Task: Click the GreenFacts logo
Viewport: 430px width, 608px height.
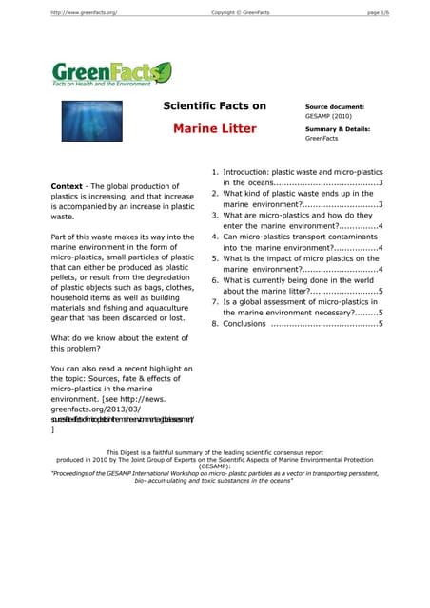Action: [x=112, y=72]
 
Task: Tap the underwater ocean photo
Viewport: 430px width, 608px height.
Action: [x=98, y=117]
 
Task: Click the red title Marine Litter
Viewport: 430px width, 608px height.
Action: [x=215, y=128]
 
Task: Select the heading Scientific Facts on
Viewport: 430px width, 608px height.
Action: [x=215, y=106]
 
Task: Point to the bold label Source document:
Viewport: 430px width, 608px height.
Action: [x=335, y=107]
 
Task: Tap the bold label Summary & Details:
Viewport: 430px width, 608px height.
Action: [x=338, y=128]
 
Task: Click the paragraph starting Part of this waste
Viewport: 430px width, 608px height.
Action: [x=119, y=275]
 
